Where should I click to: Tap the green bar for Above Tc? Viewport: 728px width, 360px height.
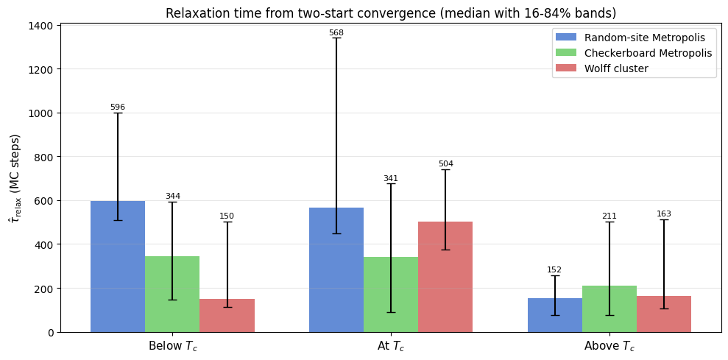point(609,308)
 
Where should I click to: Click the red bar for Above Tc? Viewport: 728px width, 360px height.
point(664,314)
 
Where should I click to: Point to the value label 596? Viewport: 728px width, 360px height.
point(118,107)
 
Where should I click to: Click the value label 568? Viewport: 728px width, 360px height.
point(336,33)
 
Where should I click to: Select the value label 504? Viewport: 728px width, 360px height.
point(445,164)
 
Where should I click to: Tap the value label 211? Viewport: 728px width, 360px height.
point(609,216)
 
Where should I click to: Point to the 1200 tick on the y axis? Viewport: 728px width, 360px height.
point(40,69)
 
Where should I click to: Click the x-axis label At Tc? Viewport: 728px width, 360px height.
point(390,346)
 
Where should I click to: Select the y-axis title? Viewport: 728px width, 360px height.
point(15,178)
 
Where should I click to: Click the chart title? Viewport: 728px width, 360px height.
point(391,13)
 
